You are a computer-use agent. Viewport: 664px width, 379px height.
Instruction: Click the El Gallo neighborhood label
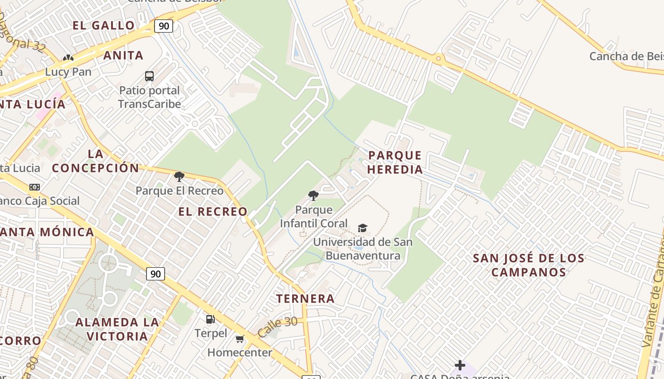pos(104,26)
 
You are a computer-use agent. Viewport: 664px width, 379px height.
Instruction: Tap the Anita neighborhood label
pos(123,55)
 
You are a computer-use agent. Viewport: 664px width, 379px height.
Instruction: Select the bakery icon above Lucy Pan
pos(68,58)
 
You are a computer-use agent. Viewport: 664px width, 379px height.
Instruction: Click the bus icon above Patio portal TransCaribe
pos(149,76)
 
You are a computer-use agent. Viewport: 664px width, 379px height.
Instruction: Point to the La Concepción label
pos(95,161)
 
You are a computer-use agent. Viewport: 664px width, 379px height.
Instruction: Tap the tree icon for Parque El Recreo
pos(179,177)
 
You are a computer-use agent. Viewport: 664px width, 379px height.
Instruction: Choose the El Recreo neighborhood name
pos(213,212)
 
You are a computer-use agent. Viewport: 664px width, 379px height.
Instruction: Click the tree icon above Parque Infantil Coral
pos(313,195)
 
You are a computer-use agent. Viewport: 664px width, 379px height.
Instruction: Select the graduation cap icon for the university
pos(363,228)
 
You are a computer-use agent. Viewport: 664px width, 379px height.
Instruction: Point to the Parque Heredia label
pos(395,162)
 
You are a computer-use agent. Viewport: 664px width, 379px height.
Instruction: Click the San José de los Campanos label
pos(528,265)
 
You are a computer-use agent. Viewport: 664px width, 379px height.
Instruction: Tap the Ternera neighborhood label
pos(305,299)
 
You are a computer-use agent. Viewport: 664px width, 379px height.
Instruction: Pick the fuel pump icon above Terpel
pos(210,319)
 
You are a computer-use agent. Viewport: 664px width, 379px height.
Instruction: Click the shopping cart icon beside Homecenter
pos(240,339)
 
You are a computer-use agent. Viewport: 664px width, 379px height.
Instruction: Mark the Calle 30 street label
pos(277,326)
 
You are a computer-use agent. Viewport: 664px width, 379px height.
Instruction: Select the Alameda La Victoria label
pos(111,329)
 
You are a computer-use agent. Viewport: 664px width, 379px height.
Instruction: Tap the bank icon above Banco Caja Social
pos(35,187)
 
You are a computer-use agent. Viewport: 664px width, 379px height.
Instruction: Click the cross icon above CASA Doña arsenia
pos(460,365)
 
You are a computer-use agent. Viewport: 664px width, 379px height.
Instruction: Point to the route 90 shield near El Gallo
pos(163,26)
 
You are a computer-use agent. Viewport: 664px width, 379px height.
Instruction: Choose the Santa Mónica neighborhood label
pos(47,232)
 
